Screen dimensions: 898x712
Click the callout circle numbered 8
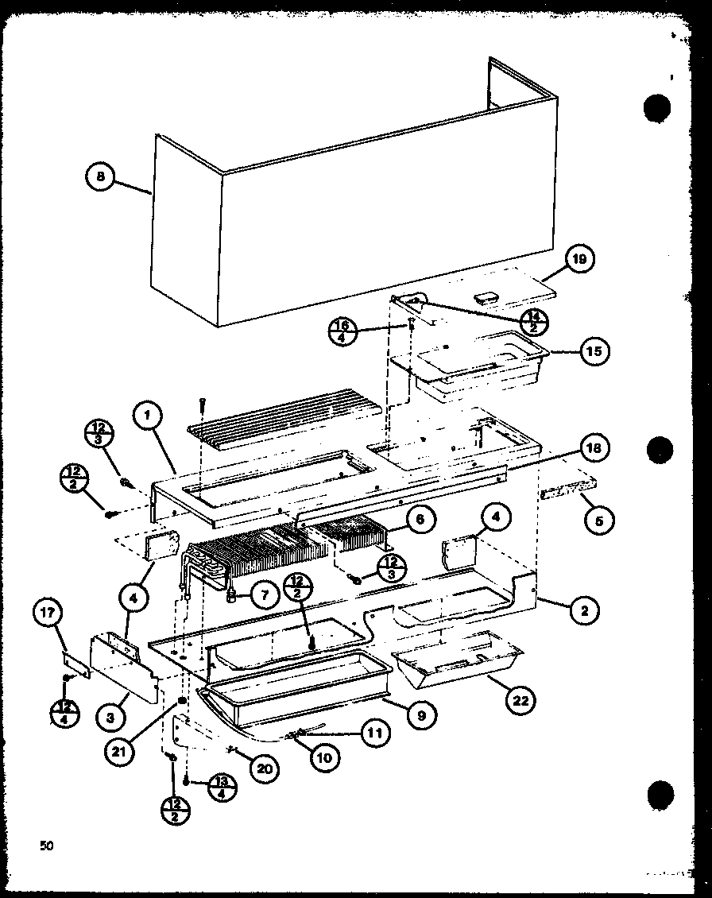coord(101,177)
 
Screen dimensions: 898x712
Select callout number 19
coord(582,259)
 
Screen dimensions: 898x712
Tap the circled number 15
coord(594,350)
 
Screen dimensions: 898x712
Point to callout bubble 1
coord(148,415)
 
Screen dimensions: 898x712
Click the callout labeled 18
coord(594,447)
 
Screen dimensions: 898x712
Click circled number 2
coord(585,610)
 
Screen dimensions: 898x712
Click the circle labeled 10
coord(325,757)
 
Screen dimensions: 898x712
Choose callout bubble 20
coord(264,767)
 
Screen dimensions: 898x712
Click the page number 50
coord(47,846)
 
